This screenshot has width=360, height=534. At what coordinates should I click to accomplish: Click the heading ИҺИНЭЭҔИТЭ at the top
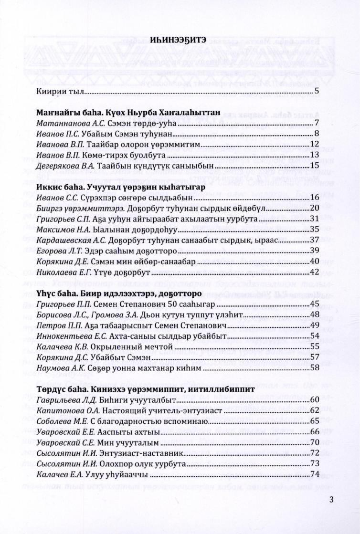coord(180,40)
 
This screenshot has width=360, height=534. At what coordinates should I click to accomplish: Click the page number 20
coord(314,208)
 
